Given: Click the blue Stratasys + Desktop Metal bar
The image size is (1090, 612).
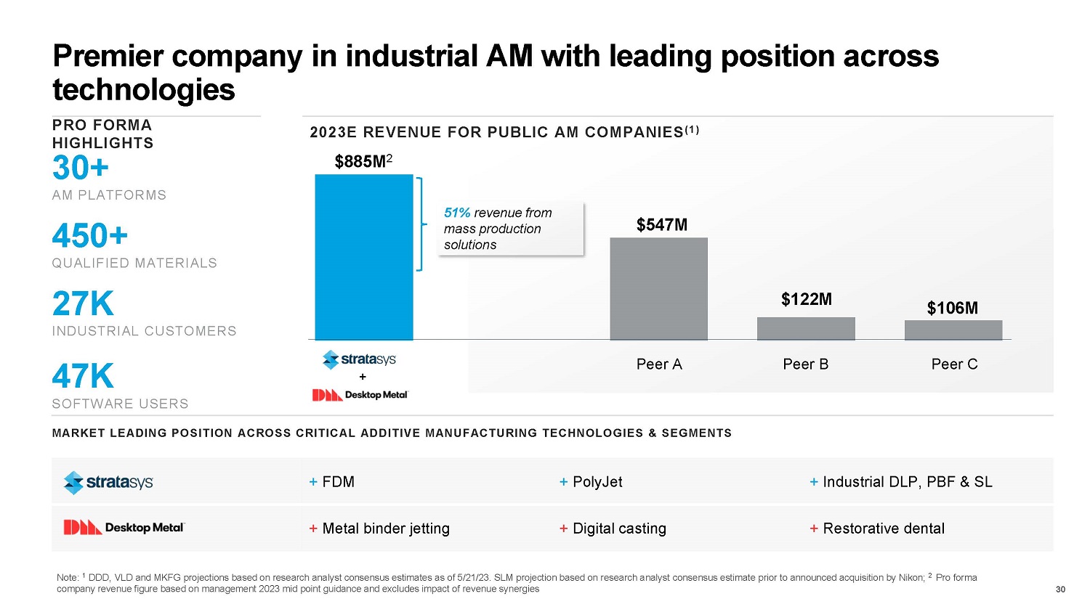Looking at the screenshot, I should coord(363,257).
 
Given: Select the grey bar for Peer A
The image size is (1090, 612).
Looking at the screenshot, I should coord(658,288).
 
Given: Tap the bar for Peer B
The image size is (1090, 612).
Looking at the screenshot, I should coord(806,329).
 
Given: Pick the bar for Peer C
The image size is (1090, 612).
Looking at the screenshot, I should coord(953,330).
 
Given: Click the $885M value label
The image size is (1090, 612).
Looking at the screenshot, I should coord(360,162).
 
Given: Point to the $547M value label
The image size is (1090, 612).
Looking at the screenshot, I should coord(661,225).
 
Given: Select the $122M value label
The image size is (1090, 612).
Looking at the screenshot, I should coord(806,299).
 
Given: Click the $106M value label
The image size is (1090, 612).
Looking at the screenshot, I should coord(952,308).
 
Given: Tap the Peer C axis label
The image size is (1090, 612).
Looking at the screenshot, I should coord(954,364).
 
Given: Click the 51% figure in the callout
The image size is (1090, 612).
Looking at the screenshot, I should coord(457,213).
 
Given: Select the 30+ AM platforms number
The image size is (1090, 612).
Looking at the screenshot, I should coord(81,168).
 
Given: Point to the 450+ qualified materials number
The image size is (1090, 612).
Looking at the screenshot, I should coord(90,236).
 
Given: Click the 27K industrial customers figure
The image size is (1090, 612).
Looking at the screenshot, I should coord(83,304).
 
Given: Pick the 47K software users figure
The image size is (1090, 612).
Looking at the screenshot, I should coord(83,377).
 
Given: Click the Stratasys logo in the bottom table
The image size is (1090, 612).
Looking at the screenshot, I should coord(108,482).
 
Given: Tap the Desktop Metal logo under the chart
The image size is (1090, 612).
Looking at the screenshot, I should coord(360,395).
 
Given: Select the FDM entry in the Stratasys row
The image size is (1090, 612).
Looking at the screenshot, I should coord(337,482).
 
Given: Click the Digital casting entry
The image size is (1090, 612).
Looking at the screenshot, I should coord(618,529).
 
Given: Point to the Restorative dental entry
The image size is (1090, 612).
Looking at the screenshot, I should coord(883,529).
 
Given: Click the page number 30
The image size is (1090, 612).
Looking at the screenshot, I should coord(1060,589).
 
